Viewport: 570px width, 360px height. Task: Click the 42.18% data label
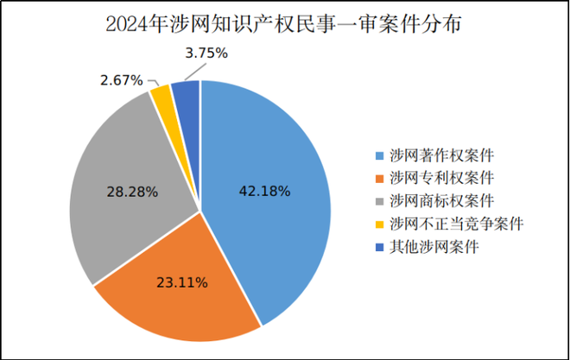coord(264,190)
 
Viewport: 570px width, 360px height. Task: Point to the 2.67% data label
coord(121,80)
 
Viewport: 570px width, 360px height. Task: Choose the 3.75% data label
coord(206,54)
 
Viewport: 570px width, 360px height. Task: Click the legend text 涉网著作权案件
coord(441,156)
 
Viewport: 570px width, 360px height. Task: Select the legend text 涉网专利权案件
coord(441,179)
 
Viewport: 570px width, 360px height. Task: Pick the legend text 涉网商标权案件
coord(441,202)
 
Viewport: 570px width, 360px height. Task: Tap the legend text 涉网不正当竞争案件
coord(457,224)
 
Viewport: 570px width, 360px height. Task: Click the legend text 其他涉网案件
coord(434,247)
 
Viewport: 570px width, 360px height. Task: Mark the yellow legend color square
coord(380,224)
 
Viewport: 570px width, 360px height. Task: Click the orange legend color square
coord(380,179)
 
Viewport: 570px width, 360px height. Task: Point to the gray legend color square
coord(380,202)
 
